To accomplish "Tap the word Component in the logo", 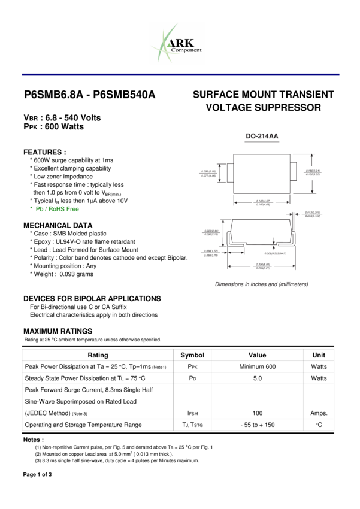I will tap(186, 50).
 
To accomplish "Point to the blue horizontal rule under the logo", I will tap(180, 75).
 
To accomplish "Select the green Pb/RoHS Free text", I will tap(58, 209).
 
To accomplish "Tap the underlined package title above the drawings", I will tap(262, 137).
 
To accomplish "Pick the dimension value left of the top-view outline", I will tap(208, 173).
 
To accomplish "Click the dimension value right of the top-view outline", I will tap(313, 172).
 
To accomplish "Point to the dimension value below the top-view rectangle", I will tap(262, 203).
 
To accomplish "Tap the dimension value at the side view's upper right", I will tap(312, 214).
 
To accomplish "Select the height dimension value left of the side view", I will tap(211, 232).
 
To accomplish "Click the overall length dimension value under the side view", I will tap(262, 265).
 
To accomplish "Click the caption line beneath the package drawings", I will tap(262, 284).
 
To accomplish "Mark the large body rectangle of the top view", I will tap(261, 174).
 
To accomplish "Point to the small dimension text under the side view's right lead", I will tap(275, 253).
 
